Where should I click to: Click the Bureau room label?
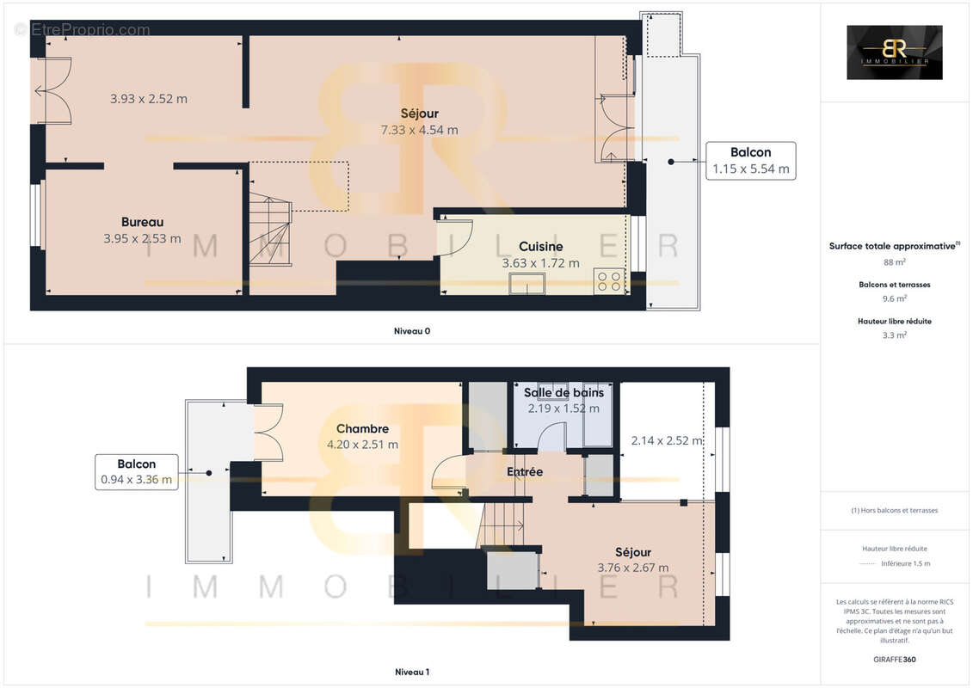pos(142,222)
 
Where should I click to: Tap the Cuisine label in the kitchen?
pos(540,247)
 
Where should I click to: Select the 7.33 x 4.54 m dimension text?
pos(420,130)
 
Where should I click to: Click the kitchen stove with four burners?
pos(609,282)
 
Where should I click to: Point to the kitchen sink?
pos(527,284)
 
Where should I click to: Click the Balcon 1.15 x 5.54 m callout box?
pos(750,161)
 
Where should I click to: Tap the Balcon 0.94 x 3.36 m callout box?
pos(136,472)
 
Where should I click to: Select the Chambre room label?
pos(362,428)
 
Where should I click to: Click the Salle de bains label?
pos(563,392)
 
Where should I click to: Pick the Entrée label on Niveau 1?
pos(525,471)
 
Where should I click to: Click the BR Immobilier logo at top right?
pos(894,52)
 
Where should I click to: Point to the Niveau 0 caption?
pos(411,330)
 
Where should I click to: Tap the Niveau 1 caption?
pos(411,671)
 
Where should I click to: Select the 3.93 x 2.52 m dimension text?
pos(149,99)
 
